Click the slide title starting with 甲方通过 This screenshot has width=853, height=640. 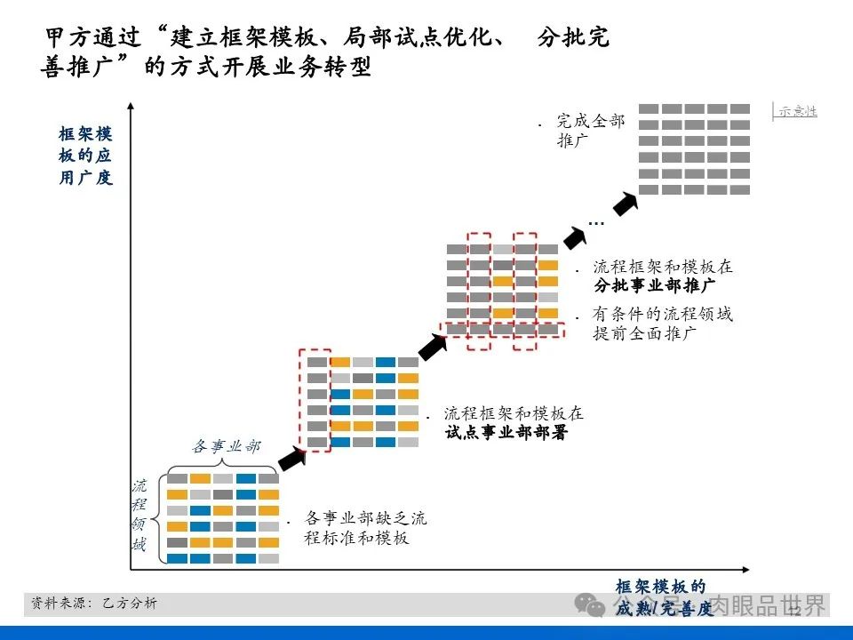point(325,52)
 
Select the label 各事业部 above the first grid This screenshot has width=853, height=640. point(227,446)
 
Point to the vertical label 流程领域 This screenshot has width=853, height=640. point(140,516)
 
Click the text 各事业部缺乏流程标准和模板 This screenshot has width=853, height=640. point(364,527)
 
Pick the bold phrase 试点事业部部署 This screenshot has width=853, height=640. point(506,433)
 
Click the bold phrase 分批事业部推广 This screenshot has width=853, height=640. point(655,285)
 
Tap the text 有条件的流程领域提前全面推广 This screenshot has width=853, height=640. point(662,324)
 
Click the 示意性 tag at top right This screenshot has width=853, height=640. point(796,111)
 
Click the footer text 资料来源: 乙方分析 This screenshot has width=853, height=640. point(94,604)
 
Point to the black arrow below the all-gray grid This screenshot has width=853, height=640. point(626,204)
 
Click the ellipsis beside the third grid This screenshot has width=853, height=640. point(595,222)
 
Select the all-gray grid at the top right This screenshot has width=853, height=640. point(695,148)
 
